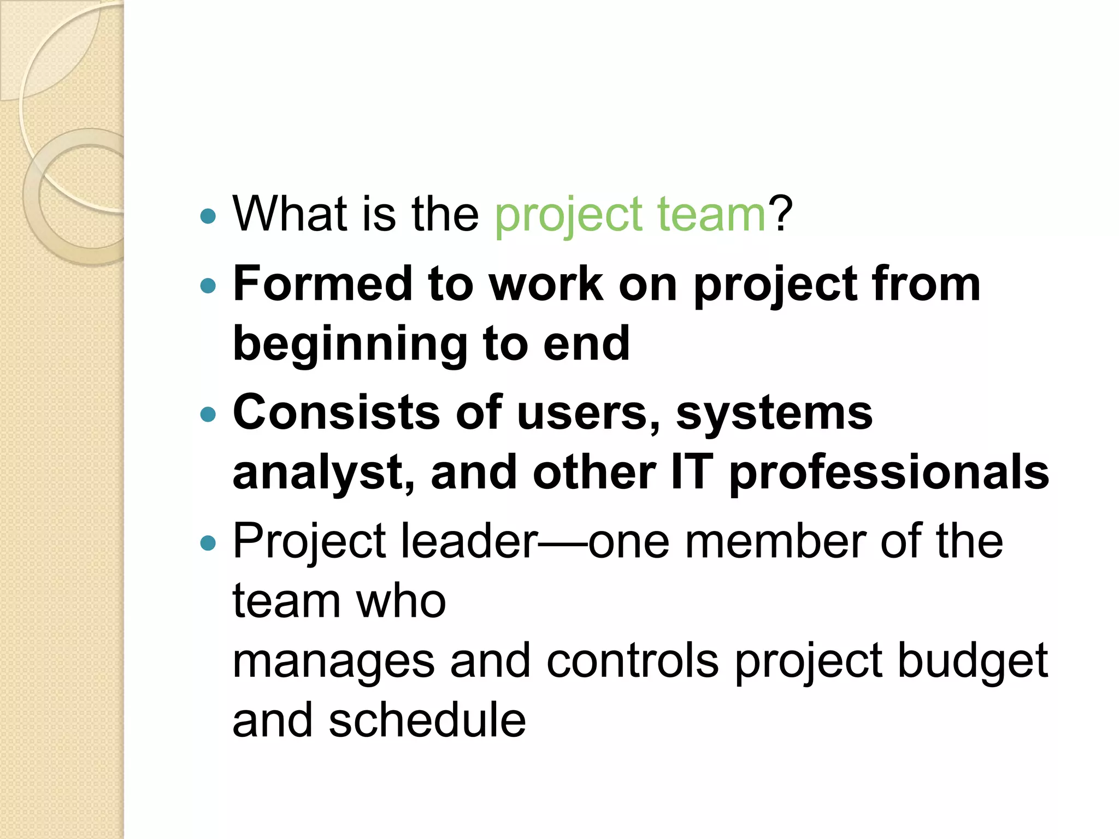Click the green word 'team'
(712, 214)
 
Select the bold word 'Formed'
(322, 283)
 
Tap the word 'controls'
(632, 661)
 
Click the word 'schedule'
(427, 720)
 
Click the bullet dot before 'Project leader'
(208, 543)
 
